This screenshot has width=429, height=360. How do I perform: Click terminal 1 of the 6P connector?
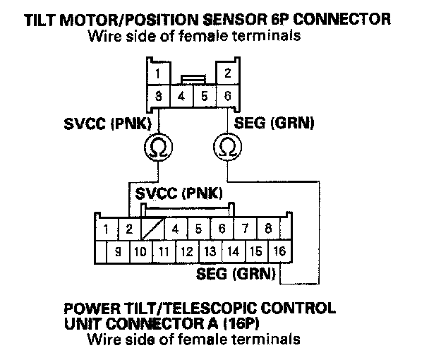pos(159,73)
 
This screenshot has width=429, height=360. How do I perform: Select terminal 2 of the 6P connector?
pos(227,73)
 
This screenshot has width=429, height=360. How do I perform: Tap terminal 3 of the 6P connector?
pos(159,95)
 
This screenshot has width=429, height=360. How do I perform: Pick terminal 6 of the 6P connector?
pos(227,95)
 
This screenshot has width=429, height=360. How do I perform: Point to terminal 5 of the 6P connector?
pos(205,95)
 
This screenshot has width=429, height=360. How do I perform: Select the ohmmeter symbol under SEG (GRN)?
pos(227,148)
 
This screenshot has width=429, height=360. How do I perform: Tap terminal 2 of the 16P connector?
pos(129,229)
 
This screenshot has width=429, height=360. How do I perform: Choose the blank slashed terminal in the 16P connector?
pos(152,229)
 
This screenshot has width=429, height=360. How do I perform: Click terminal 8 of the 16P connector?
pos(269,229)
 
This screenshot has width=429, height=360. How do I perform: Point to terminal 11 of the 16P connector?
pos(164,251)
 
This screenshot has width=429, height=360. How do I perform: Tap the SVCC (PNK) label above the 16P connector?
pos(179,193)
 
